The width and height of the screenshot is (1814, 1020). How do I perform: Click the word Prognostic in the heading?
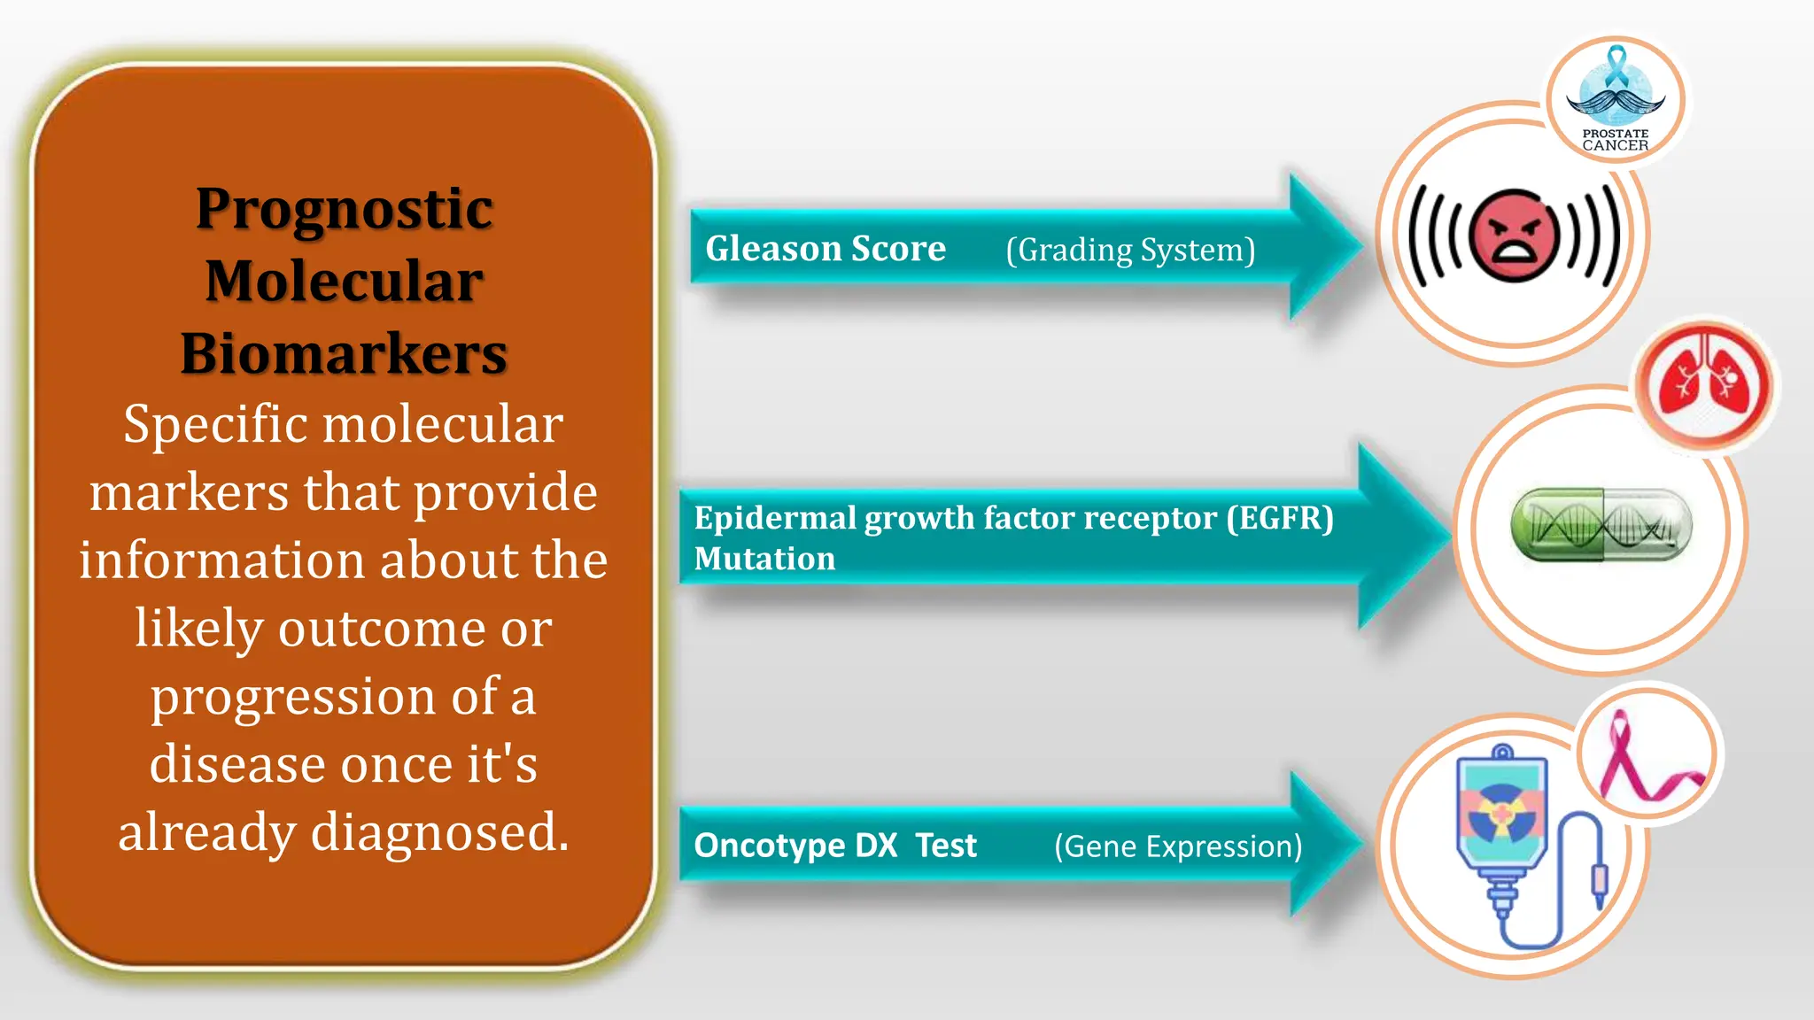(344, 210)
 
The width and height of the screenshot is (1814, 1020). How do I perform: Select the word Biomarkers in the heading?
(344, 354)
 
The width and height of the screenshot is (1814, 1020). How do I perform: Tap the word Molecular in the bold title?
(344, 282)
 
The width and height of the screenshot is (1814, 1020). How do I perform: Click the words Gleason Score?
(825, 249)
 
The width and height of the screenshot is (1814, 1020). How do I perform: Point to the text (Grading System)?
(1130, 251)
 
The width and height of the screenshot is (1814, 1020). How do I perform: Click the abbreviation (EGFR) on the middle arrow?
(1280, 518)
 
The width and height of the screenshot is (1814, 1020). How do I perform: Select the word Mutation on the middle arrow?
(764, 559)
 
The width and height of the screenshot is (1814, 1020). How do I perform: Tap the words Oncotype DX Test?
(834, 846)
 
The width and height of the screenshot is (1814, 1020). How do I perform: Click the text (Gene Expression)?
(1178, 846)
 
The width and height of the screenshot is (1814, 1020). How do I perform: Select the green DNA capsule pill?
(1601, 525)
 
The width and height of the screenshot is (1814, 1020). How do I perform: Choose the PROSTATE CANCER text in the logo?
(1615, 140)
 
